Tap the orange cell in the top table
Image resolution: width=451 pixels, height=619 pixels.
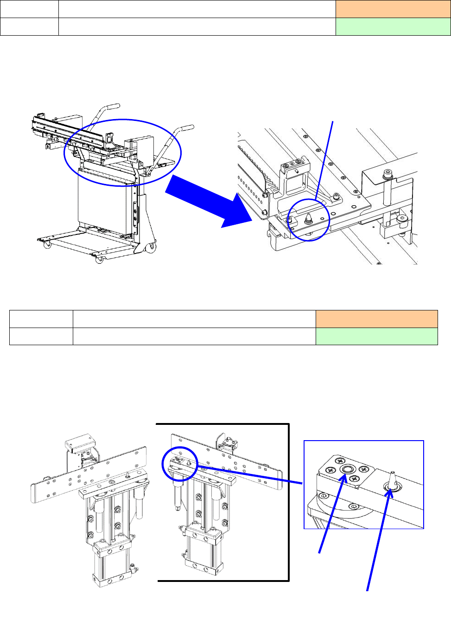393,9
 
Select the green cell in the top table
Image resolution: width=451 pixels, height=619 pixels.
393,27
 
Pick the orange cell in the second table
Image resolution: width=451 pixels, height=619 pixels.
376,319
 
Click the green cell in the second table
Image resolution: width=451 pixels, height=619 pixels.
376,336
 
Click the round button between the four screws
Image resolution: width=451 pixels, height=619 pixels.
346,470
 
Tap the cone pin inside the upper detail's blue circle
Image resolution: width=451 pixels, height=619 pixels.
309,218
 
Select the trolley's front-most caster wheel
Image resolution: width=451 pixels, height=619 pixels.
99,260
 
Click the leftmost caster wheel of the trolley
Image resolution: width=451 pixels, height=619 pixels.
47,245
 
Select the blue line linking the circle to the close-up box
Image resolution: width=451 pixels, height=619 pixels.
250,475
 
